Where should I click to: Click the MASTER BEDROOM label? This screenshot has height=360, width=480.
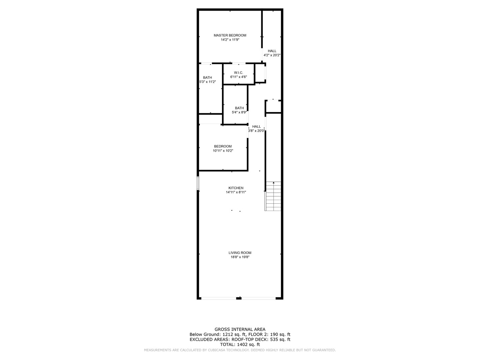pyautogui.click(x=230, y=35)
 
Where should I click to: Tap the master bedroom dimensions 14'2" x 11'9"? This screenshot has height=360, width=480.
pyautogui.click(x=230, y=40)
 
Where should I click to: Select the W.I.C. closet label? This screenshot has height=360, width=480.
pyautogui.click(x=238, y=73)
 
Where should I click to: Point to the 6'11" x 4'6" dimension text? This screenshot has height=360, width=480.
pyautogui.click(x=238, y=77)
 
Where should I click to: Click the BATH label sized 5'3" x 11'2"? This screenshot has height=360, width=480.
pyautogui.click(x=207, y=78)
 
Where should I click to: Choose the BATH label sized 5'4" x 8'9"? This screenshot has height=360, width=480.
pyautogui.click(x=239, y=108)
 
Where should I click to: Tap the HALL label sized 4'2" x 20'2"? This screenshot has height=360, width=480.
pyautogui.click(x=272, y=51)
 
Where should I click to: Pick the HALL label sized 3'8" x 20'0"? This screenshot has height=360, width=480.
pyautogui.click(x=256, y=127)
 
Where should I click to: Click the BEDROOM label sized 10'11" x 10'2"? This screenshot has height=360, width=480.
pyautogui.click(x=223, y=146)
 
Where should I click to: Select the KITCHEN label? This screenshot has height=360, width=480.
pyautogui.click(x=236, y=188)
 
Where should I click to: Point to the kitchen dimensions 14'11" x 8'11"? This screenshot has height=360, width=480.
pyautogui.click(x=236, y=192)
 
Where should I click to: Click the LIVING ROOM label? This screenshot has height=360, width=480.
pyautogui.click(x=240, y=253)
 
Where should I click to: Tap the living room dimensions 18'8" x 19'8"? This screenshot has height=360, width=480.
pyautogui.click(x=240, y=257)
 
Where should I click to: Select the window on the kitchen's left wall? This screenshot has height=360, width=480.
pyautogui.click(x=198, y=183)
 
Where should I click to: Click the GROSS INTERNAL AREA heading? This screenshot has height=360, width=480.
pyautogui.click(x=240, y=329)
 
